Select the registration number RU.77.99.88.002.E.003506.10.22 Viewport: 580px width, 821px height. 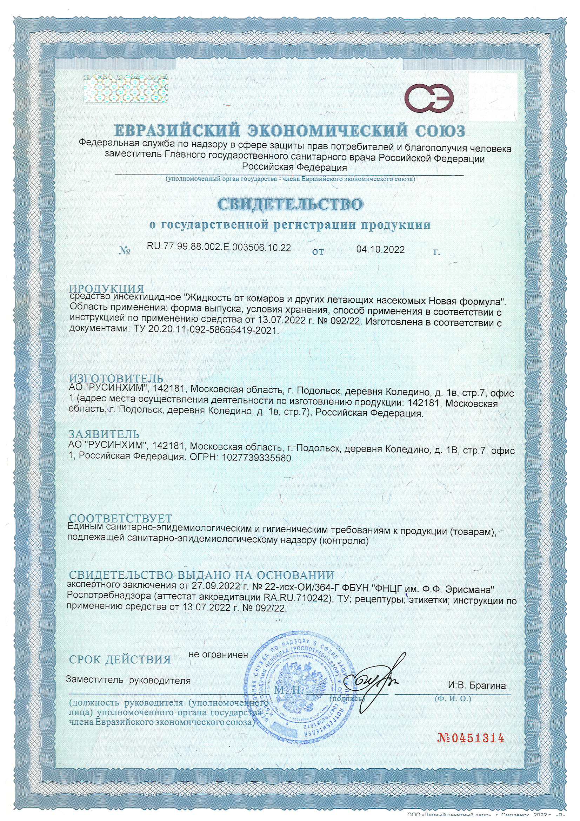(x=219, y=248)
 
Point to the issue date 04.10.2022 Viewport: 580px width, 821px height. (x=380, y=249)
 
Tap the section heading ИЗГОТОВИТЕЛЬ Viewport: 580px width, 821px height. (x=116, y=378)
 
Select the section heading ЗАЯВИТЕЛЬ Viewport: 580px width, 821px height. (x=104, y=434)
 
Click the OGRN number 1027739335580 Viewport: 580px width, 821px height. (x=256, y=458)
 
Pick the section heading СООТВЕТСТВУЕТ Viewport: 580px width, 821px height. (x=120, y=519)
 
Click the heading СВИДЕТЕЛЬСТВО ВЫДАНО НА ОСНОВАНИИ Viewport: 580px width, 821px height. (x=201, y=575)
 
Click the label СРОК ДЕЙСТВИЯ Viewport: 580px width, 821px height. (x=120, y=660)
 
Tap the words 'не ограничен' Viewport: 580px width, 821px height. (x=218, y=655)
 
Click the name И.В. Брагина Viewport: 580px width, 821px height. (x=477, y=686)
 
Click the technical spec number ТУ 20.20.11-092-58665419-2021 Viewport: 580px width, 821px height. (x=204, y=330)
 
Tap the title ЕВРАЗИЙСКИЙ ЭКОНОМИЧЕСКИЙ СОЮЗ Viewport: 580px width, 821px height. (x=290, y=131)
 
